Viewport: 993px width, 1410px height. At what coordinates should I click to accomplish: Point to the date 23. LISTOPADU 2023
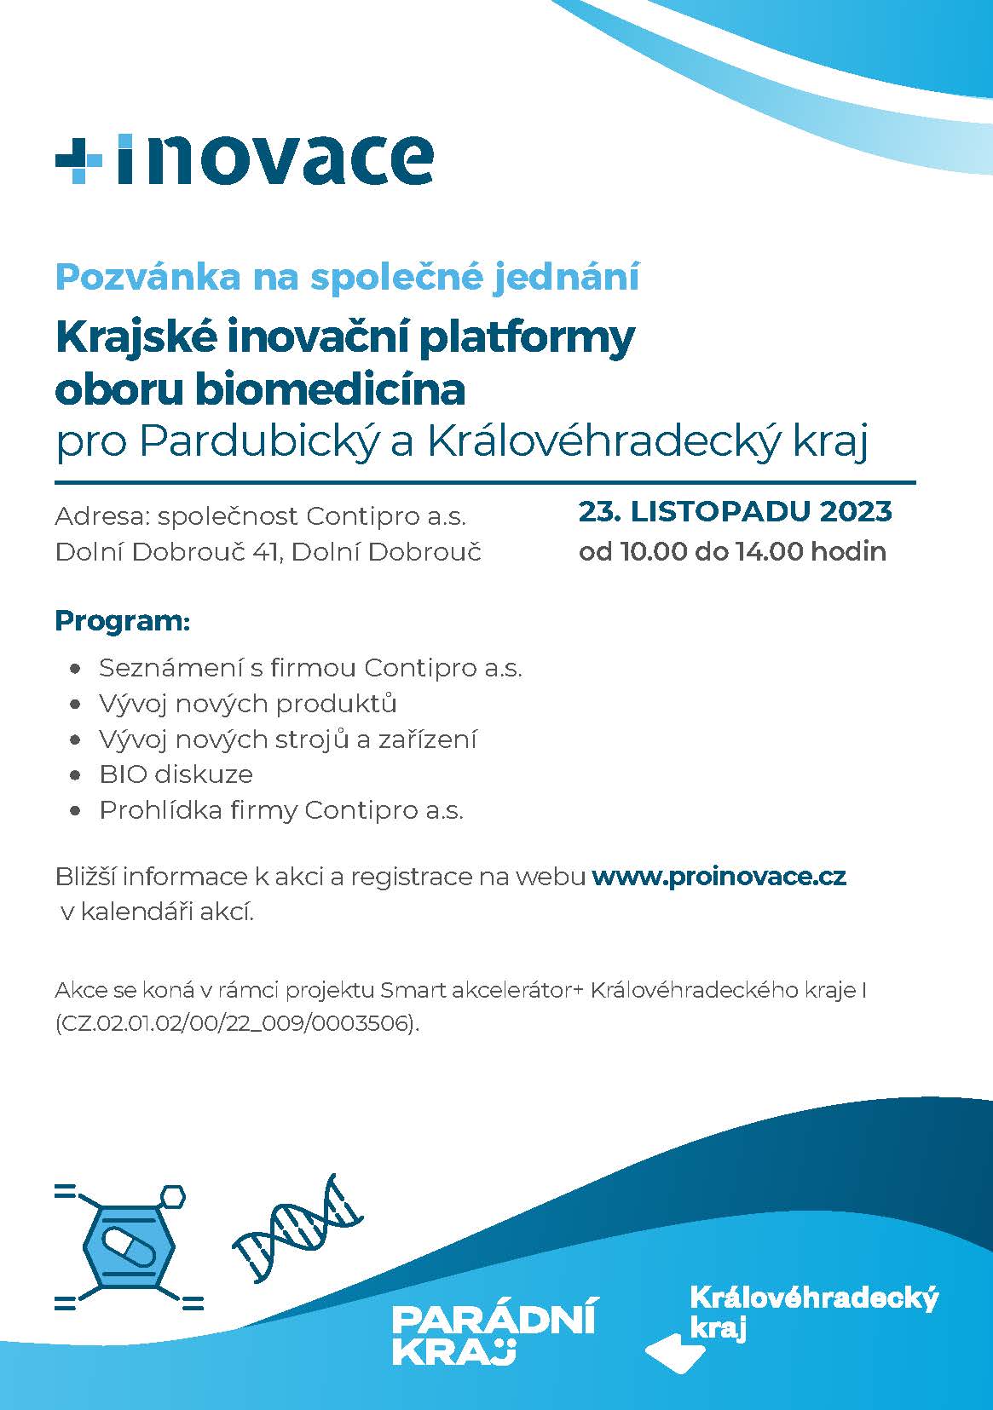tap(735, 512)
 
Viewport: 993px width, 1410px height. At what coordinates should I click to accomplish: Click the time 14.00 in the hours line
tap(767, 551)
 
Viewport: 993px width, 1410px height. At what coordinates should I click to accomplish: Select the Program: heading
tap(122, 620)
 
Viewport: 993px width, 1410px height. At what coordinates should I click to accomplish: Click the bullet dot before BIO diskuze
tap(78, 775)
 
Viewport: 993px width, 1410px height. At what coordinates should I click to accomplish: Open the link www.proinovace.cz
tap(719, 876)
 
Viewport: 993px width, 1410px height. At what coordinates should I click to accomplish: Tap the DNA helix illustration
tap(299, 1228)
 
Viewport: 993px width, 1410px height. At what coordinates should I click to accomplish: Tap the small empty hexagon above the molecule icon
tap(172, 1195)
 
